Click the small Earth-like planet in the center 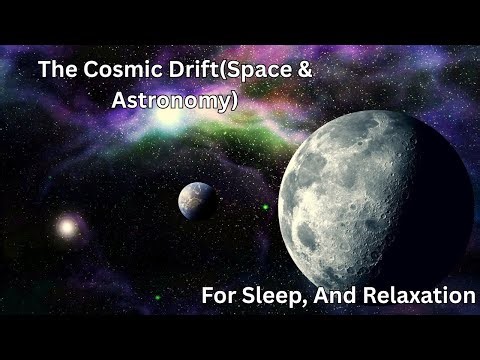tap(196, 200)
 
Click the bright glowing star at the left tap(67, 227)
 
